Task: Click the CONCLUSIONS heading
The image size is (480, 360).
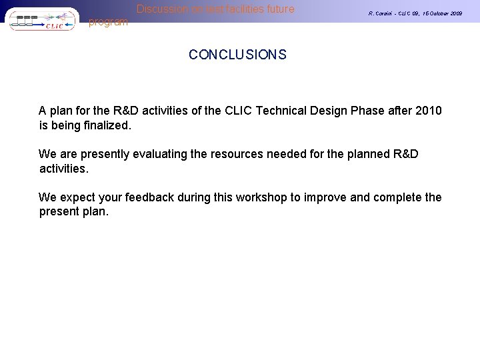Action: (x=237, y=55)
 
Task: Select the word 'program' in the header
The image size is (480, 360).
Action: (x=108, y=22)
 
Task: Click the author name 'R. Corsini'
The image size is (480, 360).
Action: (x=383, y=13)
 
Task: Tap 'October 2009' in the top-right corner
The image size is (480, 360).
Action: (x=445, y=13)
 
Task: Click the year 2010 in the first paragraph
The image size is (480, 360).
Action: (x=428, y=111)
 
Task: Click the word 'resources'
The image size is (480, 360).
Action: (x=237, y=154)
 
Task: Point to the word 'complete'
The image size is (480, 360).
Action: (x=397, y=197)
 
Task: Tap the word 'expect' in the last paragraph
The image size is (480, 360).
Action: (x=75, y=197)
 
